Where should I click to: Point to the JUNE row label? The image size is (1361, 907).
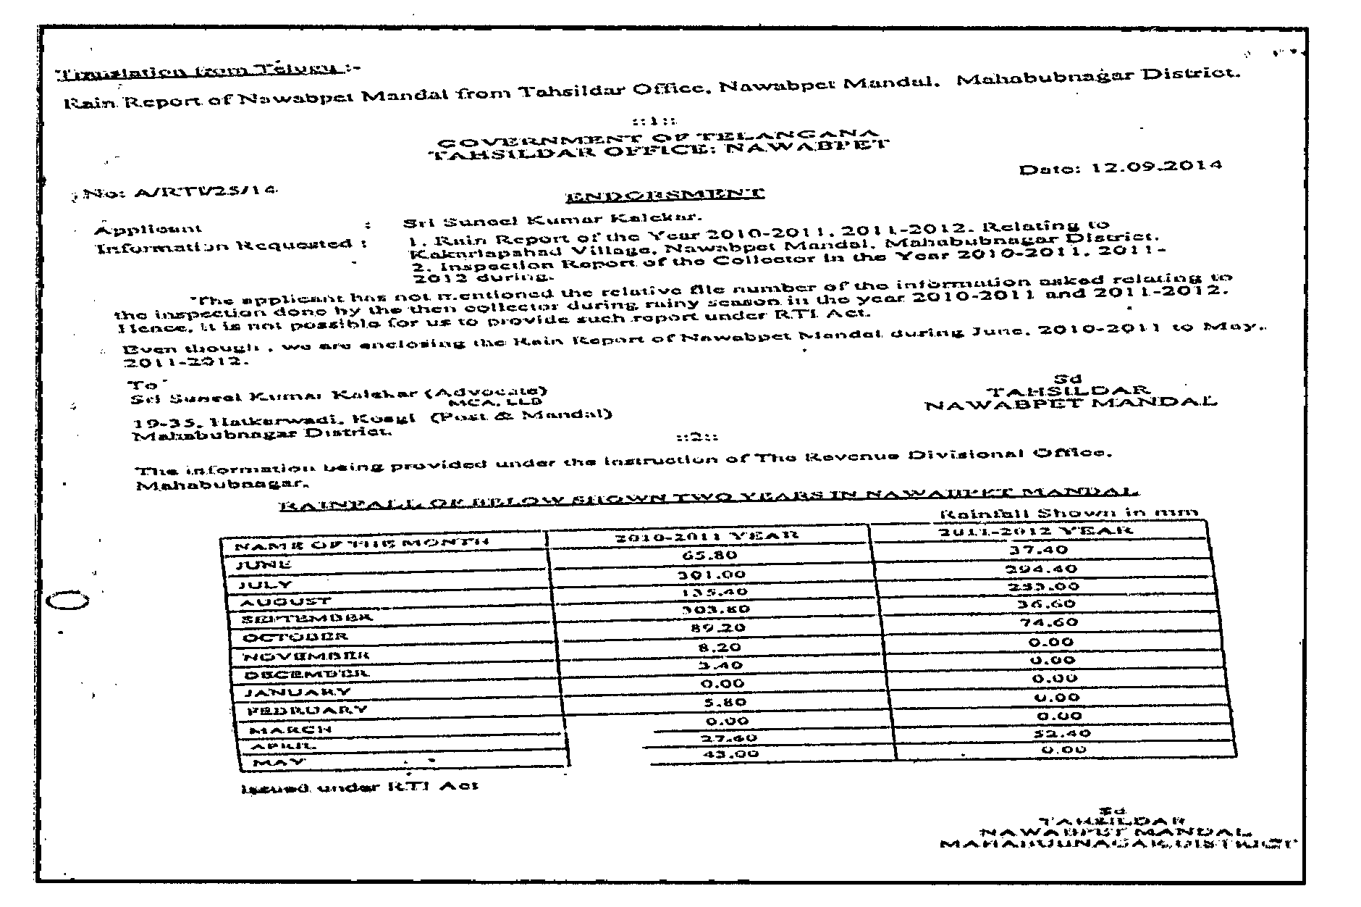[264, 564]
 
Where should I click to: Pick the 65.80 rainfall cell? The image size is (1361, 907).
[709, 555]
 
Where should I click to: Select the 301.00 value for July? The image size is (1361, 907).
[709, 574]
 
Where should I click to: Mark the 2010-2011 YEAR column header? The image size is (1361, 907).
[707, 535]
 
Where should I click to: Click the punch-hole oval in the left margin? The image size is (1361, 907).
[67, 601]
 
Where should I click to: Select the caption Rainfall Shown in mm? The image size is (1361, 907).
[1067, 513]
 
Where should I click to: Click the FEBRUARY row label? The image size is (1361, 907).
[308, 711]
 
